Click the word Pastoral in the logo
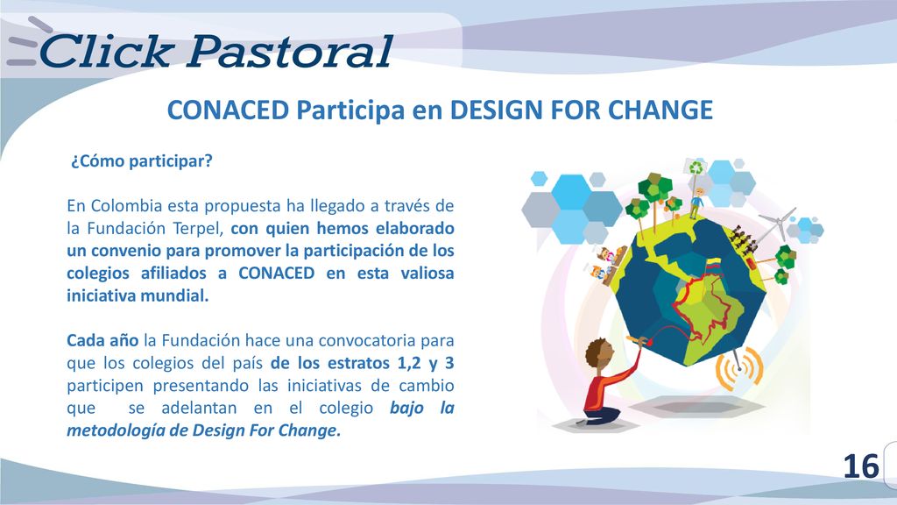289,52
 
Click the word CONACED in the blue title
228,110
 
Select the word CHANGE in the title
660,110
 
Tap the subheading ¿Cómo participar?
141,161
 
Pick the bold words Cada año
102,341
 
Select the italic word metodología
116,430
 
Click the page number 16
861,466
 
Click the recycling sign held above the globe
696,168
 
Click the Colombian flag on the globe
712,265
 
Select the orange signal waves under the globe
739,368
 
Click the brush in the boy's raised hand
638,340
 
